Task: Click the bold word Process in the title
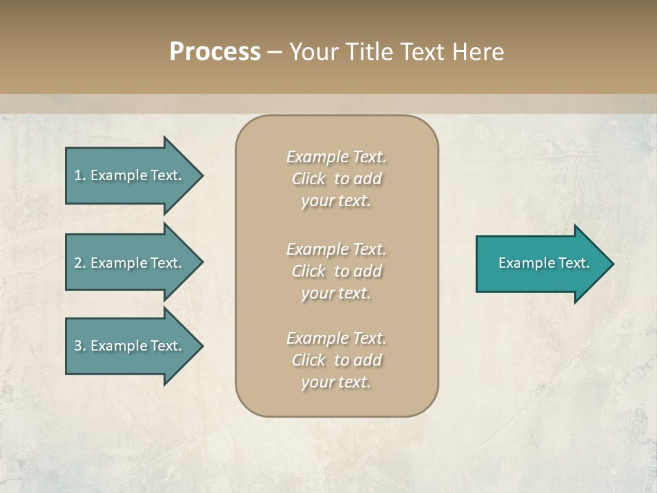pos(215,52)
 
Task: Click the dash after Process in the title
pos(275,53)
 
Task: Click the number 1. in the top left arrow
pos(80,175)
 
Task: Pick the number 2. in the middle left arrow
pos(80,263)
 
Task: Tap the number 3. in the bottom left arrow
pos(80,346)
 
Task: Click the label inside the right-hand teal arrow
pos(543,263)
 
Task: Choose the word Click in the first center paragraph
pos(309,179)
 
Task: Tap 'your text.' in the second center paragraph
pos(336,293)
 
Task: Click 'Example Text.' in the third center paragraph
pos(336,338)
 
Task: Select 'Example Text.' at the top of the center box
pos(336,157)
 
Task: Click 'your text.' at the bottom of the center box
pos(336,382)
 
